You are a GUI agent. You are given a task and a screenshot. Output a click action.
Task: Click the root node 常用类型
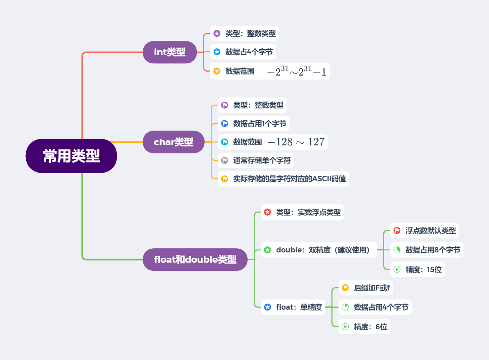71,156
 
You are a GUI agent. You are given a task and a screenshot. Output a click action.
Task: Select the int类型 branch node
170,52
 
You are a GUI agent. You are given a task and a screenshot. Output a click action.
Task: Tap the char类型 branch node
174,142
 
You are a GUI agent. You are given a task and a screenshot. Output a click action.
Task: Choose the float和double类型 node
195,259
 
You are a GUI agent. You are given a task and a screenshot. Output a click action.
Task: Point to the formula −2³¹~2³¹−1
297,72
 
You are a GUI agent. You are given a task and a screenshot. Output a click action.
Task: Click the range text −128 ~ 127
296,142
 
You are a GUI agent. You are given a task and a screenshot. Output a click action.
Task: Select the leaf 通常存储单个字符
262,160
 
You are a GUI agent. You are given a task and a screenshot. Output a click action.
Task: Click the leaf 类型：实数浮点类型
308,212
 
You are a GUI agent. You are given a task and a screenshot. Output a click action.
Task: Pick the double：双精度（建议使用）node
326,250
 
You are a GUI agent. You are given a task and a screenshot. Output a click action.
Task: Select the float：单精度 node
299,307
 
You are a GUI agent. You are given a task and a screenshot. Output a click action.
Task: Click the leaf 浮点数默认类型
430,230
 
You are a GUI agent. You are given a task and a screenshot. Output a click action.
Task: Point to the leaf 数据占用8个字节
433,250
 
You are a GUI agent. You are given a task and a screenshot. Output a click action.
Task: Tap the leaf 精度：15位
424,270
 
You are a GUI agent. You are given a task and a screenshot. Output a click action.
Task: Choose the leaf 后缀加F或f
372,288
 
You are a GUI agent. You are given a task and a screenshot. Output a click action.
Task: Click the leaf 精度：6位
370,327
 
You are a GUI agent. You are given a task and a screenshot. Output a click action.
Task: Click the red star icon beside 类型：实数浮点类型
268,212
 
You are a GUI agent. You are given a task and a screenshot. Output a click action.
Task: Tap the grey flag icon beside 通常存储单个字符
225,160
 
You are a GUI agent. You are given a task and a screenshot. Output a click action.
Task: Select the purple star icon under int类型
217,34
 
